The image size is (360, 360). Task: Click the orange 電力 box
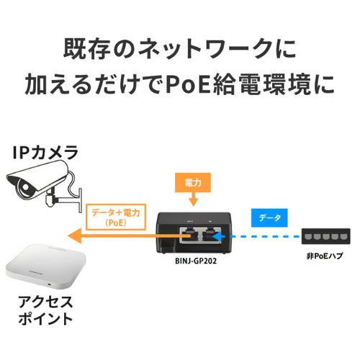click(x=193, y=183)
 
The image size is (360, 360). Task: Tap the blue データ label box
click(x=269, y=217)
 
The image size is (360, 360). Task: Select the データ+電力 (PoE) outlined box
click(x=116, y=217)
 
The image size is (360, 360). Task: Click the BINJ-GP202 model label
click(x=196, y=261)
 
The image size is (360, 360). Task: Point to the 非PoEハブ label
click(x=325, y=256)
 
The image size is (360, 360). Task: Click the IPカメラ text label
click(x=45, y=153)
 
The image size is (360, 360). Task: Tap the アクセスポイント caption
click(x=45, y=310)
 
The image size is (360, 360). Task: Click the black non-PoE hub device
click(x=325, y=236)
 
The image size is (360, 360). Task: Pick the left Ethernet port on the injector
click(x=189, y=235)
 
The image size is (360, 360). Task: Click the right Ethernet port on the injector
click(x=210, y=235)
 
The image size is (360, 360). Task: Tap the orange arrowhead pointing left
click(x=75, y=236)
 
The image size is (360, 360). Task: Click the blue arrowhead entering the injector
click(x=218, y=236)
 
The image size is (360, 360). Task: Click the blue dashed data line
click(x=263, y=236)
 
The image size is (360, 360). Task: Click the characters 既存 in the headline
click(x=86, y=49)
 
